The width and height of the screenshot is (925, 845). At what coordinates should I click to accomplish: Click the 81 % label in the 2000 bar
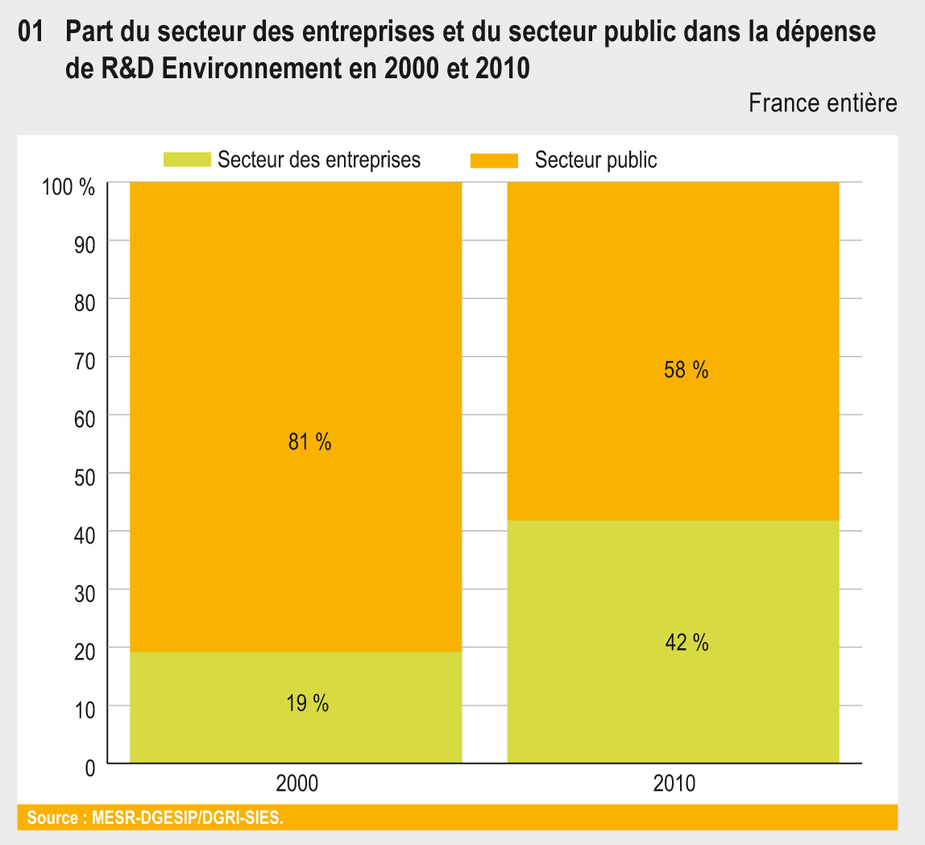tap(309, 442)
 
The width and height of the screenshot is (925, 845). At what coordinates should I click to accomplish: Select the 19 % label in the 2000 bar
tap(308, 703)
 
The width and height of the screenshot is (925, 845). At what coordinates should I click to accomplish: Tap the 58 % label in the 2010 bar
tap(686, 370)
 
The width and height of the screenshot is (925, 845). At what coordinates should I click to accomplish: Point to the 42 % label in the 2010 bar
tap(686, 643)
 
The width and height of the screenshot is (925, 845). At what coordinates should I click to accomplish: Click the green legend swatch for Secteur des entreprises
tap(186, 160)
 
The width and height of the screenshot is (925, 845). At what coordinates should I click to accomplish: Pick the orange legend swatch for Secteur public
tap(494, 160)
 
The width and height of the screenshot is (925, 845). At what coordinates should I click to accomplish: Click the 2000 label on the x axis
tap(297, 783)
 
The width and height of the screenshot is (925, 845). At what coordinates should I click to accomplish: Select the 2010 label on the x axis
tap(674, 783)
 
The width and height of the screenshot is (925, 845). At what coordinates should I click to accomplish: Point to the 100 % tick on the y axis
tap(68, 188)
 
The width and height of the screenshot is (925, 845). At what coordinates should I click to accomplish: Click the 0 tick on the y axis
tap(89, 768)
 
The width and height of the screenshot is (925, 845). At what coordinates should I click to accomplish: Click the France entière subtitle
tap(822, 103)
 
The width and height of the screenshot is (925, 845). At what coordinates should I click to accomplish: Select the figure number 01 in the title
tap(30, 34)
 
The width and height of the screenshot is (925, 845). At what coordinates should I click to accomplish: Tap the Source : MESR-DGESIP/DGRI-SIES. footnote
tap(155, 818)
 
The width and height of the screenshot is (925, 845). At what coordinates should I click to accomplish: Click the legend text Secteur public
tap(595, 160)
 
